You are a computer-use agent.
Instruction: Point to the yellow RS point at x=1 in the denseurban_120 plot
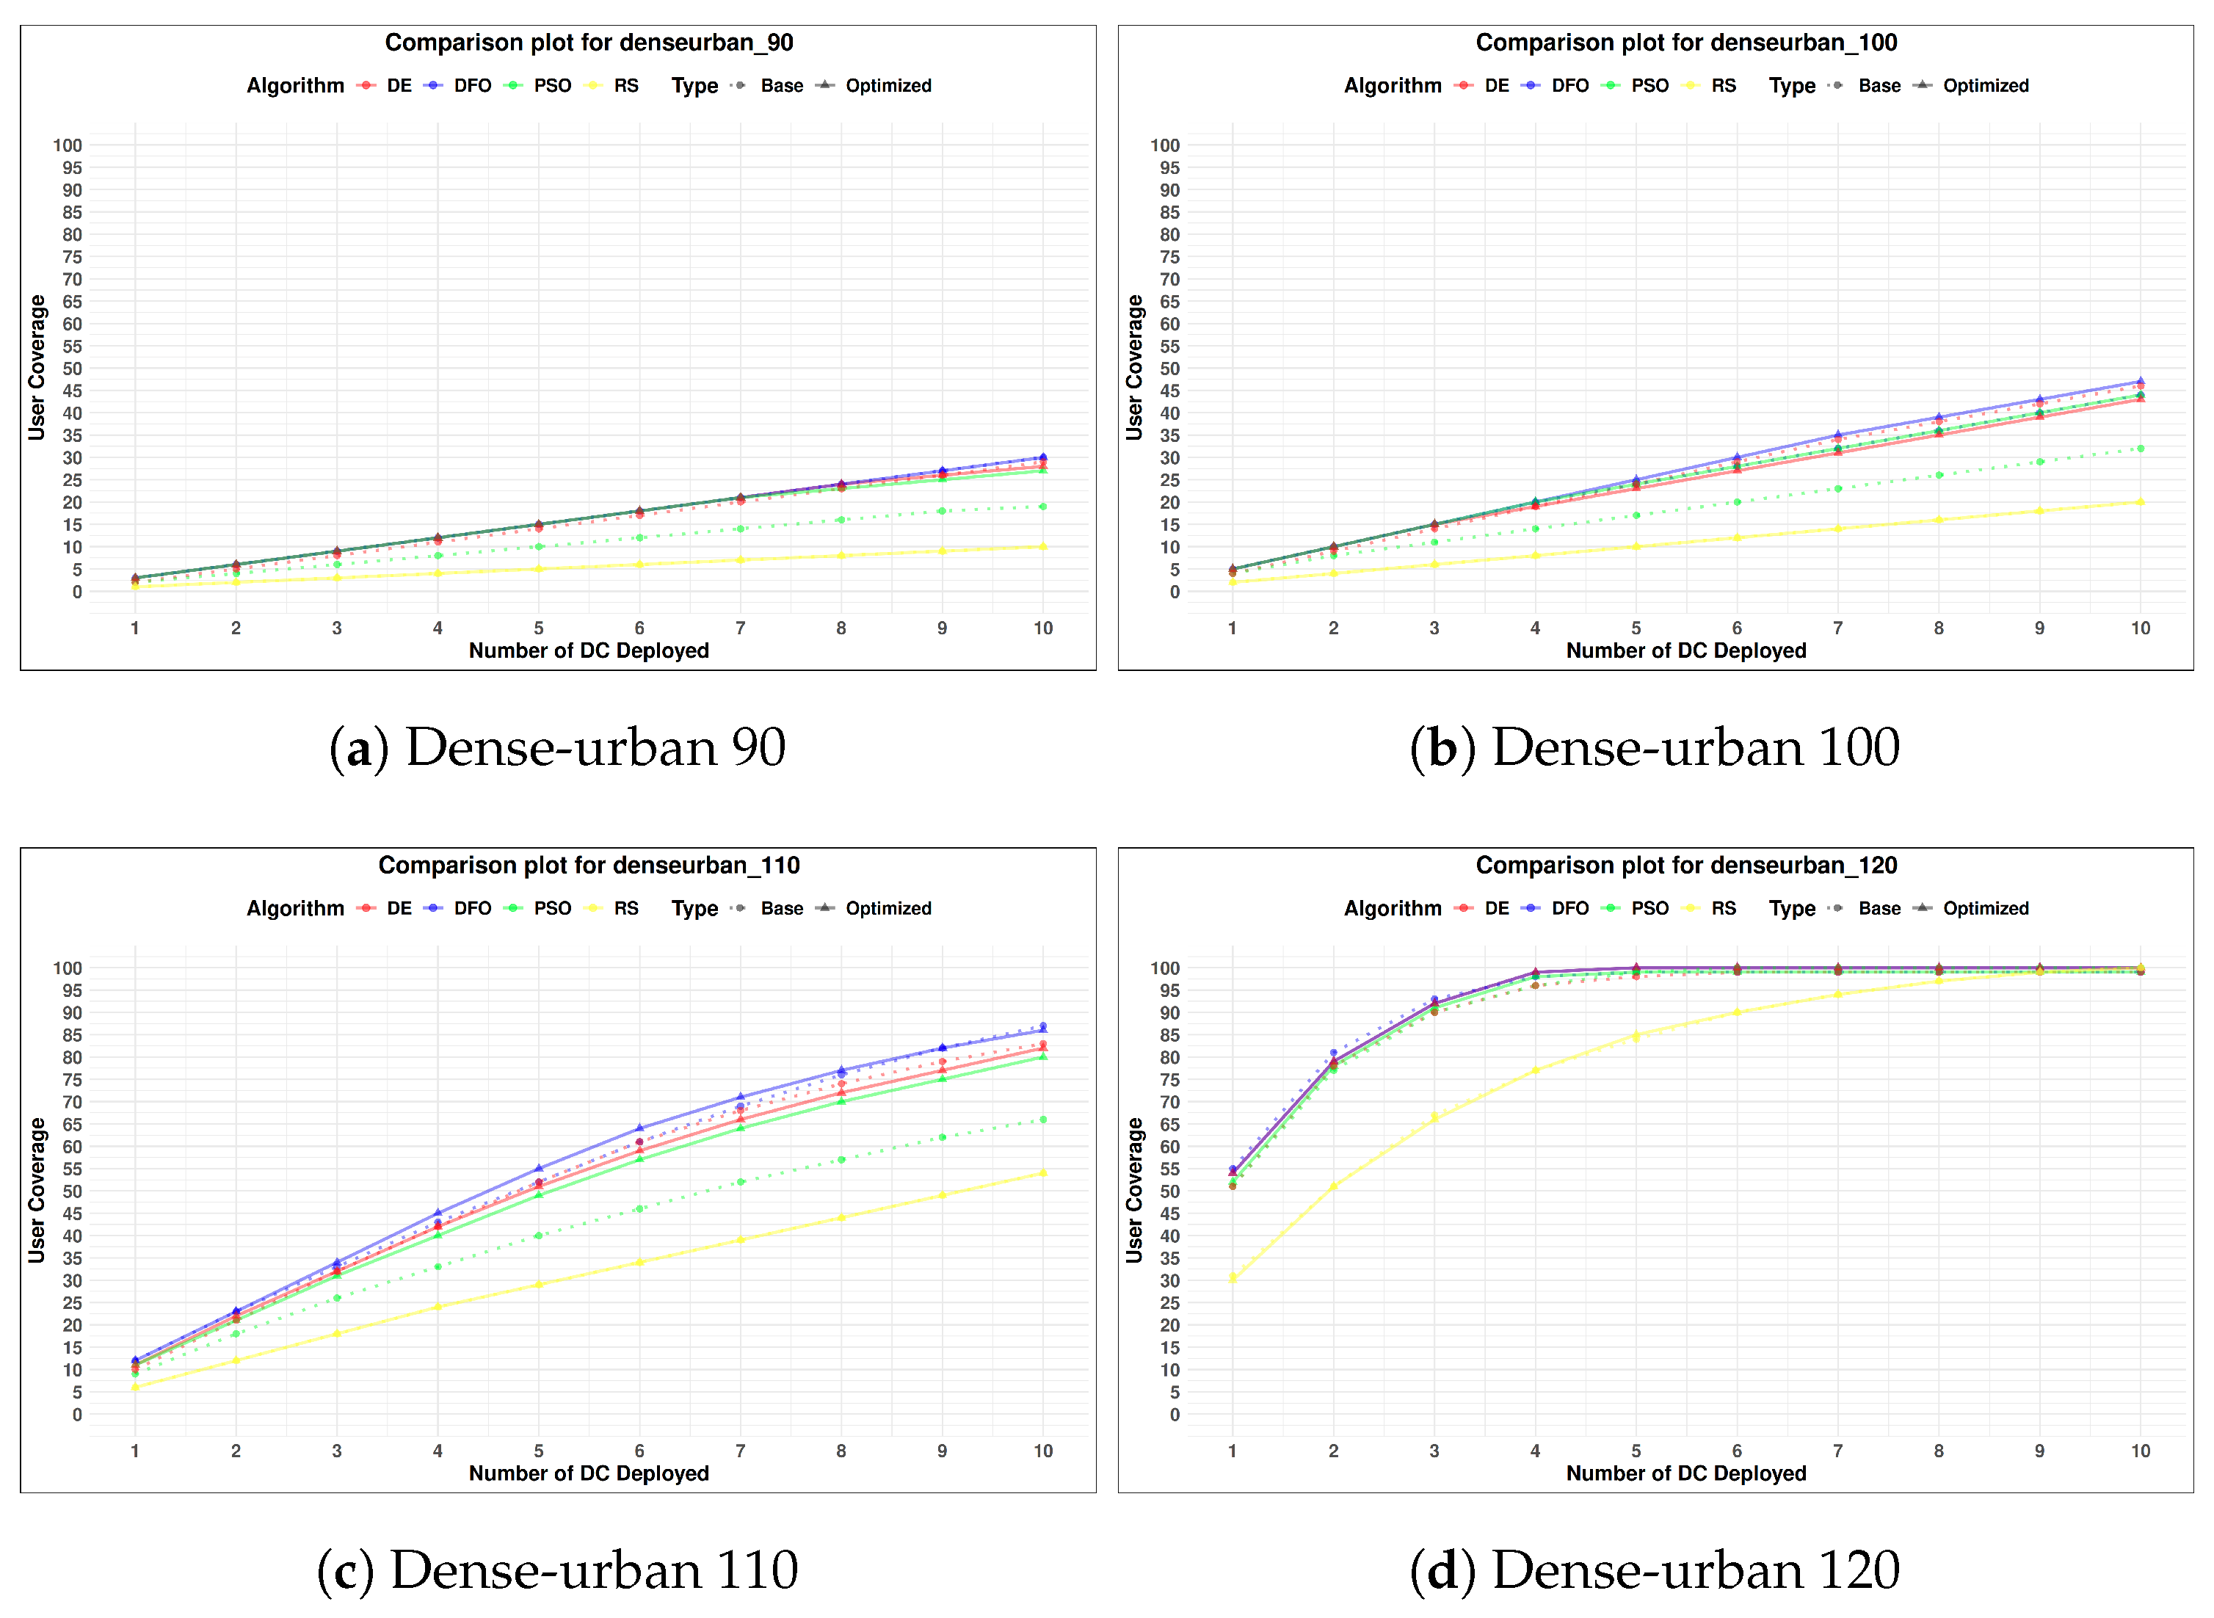click(1232, 1277)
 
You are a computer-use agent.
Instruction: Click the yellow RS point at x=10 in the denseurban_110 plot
click(1043, 1172)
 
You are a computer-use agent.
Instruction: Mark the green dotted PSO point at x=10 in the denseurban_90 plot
click(1043, 507)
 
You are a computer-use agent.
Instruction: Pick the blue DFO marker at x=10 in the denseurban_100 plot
click(2140, 381)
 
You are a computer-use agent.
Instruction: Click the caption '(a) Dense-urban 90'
click(557, 747)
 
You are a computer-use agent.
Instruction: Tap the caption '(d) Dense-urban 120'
click(1654, 1570)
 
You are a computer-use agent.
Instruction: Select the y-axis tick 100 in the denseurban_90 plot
click(68, 145)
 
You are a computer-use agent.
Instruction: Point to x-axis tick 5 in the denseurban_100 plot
click(1636, 628)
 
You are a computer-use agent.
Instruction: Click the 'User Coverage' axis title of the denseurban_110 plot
click(36, 1190)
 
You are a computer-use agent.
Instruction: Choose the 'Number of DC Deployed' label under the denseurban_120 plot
click(1685, 1473)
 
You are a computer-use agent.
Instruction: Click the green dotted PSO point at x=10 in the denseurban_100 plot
click(2140, 449)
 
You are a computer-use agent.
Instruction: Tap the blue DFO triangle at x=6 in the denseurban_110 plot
click(639, 1128)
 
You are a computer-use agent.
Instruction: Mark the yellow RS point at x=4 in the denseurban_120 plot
click(1534, 1070)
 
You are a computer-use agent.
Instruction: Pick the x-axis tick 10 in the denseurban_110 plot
click(1043, 1451)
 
